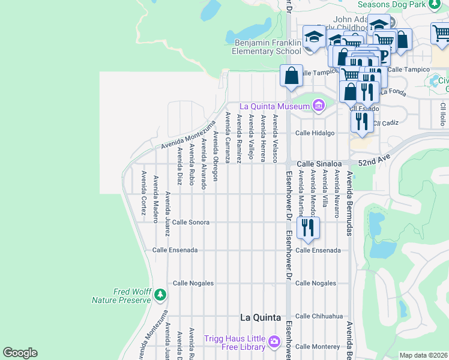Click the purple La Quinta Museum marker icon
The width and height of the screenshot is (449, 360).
pos(318,106)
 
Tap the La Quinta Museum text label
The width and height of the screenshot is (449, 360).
pos(275,106)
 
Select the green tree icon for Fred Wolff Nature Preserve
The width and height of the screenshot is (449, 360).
pos(160,295)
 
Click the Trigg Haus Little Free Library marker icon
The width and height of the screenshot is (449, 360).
pos(274,341)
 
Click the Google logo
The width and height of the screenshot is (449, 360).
pos(20,353)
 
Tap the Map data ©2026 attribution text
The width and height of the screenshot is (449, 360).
pos(423,355)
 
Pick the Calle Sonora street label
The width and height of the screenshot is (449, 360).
pos(191,222)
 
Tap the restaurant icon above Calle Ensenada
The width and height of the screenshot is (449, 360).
pos(307,228)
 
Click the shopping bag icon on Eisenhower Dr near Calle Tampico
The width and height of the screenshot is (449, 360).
pos(291,76)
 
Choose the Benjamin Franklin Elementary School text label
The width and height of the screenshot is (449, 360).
pos(267,47)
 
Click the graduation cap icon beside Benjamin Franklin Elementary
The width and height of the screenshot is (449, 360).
pos(313,38)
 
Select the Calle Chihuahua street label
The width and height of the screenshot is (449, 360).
pos(319,316)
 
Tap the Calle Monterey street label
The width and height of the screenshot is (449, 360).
pos(318,346)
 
